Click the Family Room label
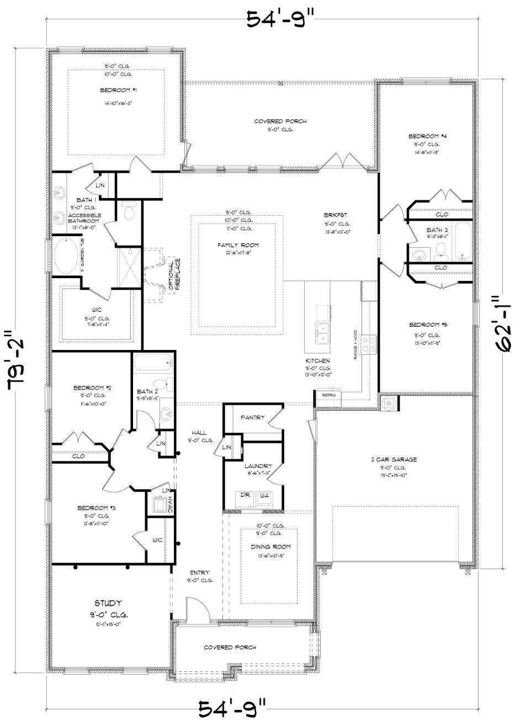(238, 245)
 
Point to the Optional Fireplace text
(174, 270)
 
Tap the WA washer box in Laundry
(264, 496)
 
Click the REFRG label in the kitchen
(328, 395)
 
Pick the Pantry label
(253, 418)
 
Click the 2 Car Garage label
(394, 459)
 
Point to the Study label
(108, 603)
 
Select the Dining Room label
(269, 546)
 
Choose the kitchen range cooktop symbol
(369, 345)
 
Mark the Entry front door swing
(197, 610)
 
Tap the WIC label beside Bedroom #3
(157, 540)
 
